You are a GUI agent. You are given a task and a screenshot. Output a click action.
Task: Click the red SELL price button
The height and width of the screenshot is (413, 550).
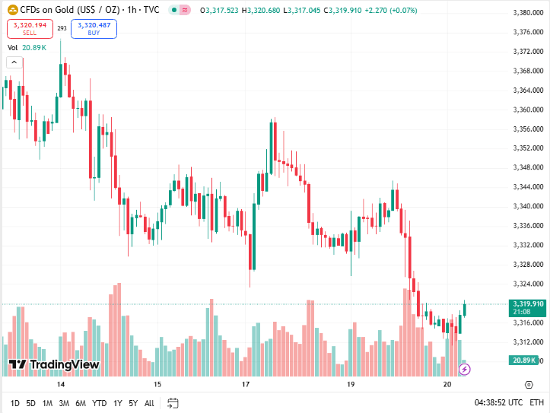30,29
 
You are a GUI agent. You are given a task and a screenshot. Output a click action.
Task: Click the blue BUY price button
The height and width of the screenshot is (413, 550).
94,29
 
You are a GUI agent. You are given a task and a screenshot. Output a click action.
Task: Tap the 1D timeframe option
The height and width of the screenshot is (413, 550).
14,402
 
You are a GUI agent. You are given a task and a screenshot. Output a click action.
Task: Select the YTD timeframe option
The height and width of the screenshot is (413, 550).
100,402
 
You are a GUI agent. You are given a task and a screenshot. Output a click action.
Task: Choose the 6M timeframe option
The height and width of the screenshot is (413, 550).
81,402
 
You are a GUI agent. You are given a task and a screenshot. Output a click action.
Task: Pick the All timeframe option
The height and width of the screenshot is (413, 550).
149,402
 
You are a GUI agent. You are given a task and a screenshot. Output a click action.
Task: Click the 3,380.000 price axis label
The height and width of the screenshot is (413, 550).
527,13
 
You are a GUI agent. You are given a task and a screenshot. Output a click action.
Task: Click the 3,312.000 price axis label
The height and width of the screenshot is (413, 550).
527,342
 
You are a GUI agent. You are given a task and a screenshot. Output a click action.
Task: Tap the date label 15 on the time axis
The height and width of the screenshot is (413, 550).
157,385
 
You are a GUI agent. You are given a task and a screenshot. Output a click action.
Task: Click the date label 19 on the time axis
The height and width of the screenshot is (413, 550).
351,385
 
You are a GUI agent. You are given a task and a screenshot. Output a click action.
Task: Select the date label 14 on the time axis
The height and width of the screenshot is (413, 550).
50,385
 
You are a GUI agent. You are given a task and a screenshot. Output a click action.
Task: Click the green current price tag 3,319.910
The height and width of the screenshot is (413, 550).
527,303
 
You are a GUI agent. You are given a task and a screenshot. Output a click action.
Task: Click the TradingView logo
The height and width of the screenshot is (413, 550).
55,364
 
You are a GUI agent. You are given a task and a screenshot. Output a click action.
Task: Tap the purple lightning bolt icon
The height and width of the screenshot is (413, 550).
465,369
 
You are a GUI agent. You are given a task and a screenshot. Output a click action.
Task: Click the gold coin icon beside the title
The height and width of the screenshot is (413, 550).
12,10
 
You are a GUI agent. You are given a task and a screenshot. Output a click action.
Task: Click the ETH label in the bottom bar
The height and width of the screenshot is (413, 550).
537,402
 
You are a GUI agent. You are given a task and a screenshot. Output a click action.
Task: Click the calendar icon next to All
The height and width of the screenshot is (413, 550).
173,402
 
